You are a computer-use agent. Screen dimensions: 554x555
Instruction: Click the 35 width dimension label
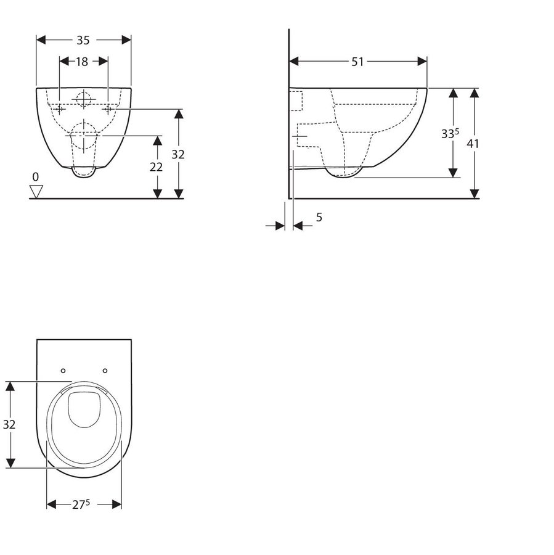(83, 40)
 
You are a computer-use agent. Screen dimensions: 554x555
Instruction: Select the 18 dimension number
(82, 62)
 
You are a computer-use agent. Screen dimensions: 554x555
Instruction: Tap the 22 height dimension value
(156, 167)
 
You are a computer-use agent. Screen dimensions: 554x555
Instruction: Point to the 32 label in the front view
(178, 154)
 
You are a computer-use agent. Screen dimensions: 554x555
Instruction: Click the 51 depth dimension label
(357, 62)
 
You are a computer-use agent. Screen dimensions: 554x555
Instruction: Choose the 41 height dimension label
(473, 144)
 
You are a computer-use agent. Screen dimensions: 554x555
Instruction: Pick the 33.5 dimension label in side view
(450, 133)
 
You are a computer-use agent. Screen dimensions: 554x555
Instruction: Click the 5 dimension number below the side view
(319, 217)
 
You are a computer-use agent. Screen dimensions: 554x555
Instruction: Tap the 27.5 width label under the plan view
(81, 504)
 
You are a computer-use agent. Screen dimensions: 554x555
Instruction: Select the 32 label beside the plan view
(9, 424)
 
